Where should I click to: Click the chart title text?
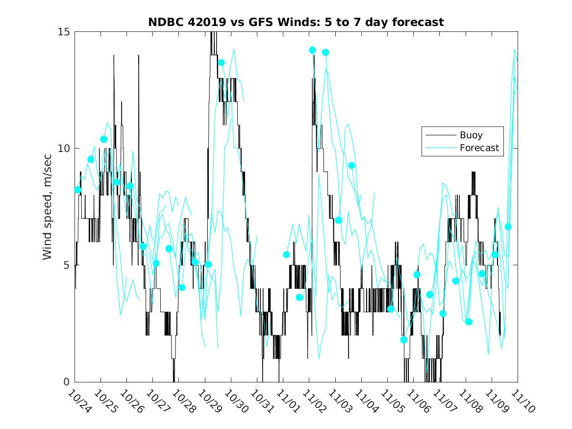click(296, 22)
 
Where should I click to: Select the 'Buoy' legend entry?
click(471, 135)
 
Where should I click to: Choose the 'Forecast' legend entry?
click(479, 148)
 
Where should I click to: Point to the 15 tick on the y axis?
click(65, 32)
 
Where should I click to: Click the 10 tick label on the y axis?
click(65, 149)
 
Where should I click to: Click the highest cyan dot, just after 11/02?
click(313, 50)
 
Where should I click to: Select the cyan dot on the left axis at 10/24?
click(78, 190)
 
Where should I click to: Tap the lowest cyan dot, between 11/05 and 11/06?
click(404, 339)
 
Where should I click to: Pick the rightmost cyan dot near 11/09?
click(508, 227)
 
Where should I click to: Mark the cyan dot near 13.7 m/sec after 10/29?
click(221, 62)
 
